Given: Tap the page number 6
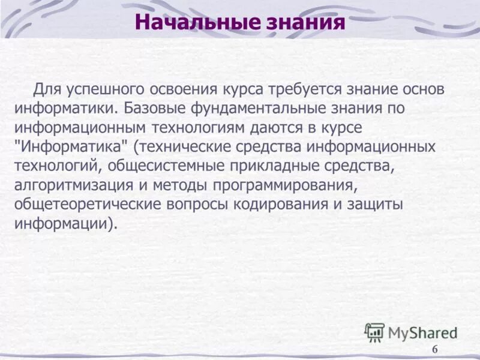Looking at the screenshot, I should tap(435, 350).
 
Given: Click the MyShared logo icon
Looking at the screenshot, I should tap(375, 332).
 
